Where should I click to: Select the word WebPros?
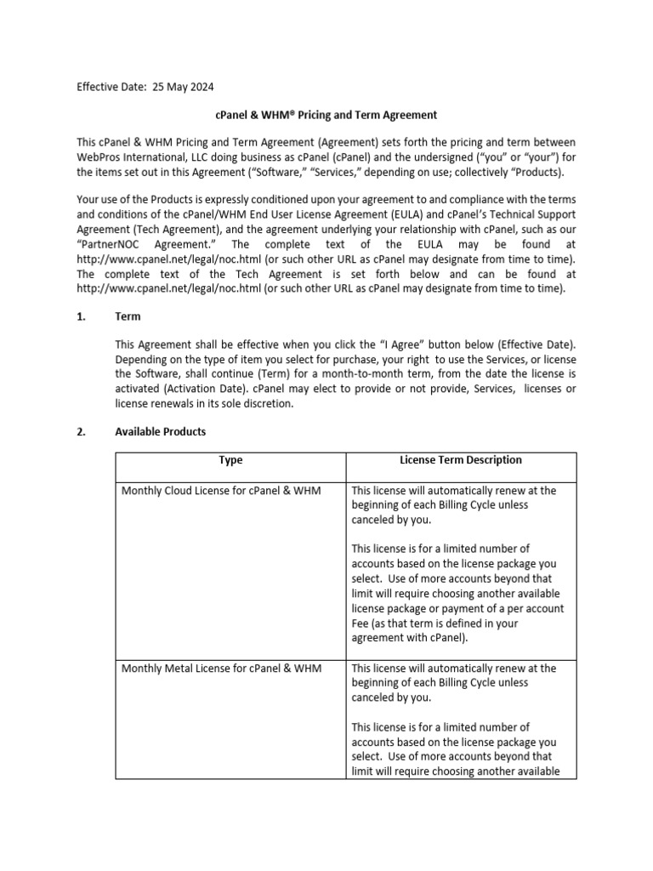100,157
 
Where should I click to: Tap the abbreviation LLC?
209,157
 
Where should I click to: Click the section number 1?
82,316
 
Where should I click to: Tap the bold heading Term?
128,316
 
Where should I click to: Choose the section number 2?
82,432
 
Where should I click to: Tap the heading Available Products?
160,432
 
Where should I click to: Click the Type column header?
230,460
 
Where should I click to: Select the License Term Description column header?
461,460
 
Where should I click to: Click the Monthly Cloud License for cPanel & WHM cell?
221,491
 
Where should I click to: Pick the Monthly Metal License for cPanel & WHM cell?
221,669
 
